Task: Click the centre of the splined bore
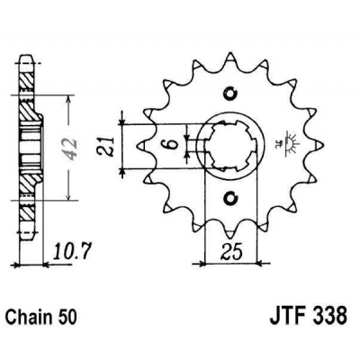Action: click(231, 147)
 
